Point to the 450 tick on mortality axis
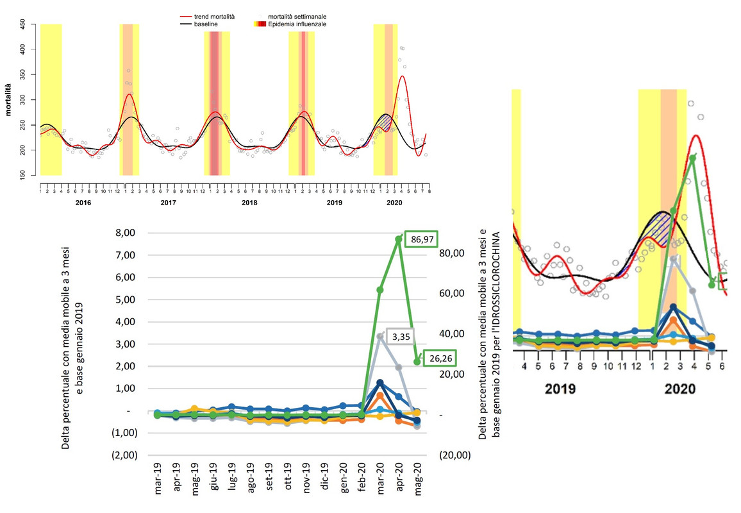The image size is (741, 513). [24, 24]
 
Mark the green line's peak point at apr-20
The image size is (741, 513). [399, 239]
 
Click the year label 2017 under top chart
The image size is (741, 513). [168, 203]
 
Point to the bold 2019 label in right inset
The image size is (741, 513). [560, 389]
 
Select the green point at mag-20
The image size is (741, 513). [417, 362]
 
